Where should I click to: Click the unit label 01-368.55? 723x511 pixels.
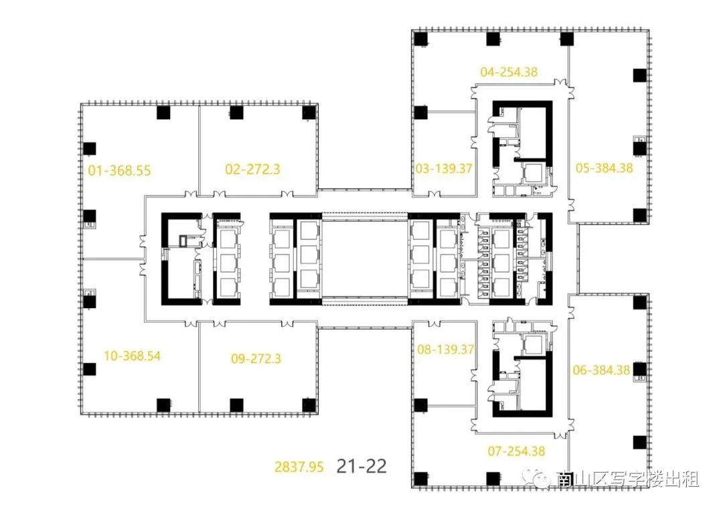click(x=119, y=171)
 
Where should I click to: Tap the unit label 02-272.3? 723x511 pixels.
click(x=252, y=169)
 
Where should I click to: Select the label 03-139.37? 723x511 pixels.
click(x=444, y=168)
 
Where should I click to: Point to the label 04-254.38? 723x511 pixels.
click(x=509, y=72)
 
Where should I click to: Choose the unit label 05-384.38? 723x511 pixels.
click(x=605, y=168)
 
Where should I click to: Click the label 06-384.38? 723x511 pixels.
click(x=601, y=370)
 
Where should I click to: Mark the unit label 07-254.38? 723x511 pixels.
click(x=516, y=451)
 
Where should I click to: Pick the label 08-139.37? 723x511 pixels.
click(x=445, y=349)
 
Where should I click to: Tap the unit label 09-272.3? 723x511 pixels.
click(x=256, y=358)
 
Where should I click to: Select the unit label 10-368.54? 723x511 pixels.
click(x=133, y=356)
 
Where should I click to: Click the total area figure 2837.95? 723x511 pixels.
click(x=299, y=467)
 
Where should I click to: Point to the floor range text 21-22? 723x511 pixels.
click(x=361, y=466)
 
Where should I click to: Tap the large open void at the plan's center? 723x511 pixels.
click(x=365, y=259)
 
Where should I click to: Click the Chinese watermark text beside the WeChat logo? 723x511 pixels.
click(x=627, y=479)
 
